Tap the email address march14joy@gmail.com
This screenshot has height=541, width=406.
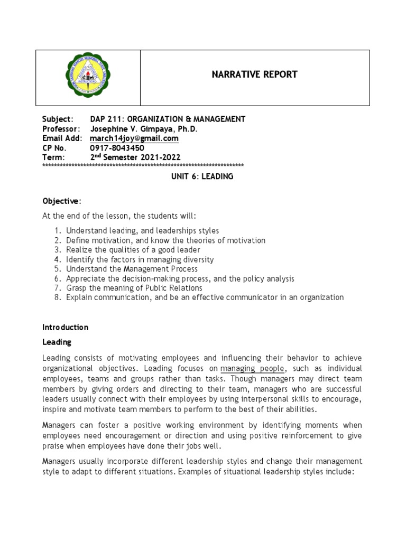[134, 138]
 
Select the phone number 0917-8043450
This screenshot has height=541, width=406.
[117, 148]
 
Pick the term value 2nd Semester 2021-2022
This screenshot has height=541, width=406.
[135, 157]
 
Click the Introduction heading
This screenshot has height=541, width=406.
[66, 327]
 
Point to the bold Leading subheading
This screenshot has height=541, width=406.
[57, 342]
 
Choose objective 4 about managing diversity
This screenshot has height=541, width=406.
[140, 259]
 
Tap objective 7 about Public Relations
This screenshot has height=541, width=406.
[134, 288]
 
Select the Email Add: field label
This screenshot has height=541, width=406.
[63, 138]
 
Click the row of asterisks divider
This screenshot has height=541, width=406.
[143, 166]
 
